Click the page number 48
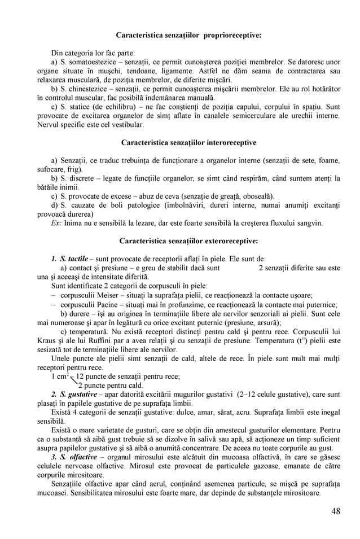click(336, 511)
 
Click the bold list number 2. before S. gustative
click(55, 393)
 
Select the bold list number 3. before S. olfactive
click(55, 456)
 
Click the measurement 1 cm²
click(60, 376)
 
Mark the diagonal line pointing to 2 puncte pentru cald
click(72, 381)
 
